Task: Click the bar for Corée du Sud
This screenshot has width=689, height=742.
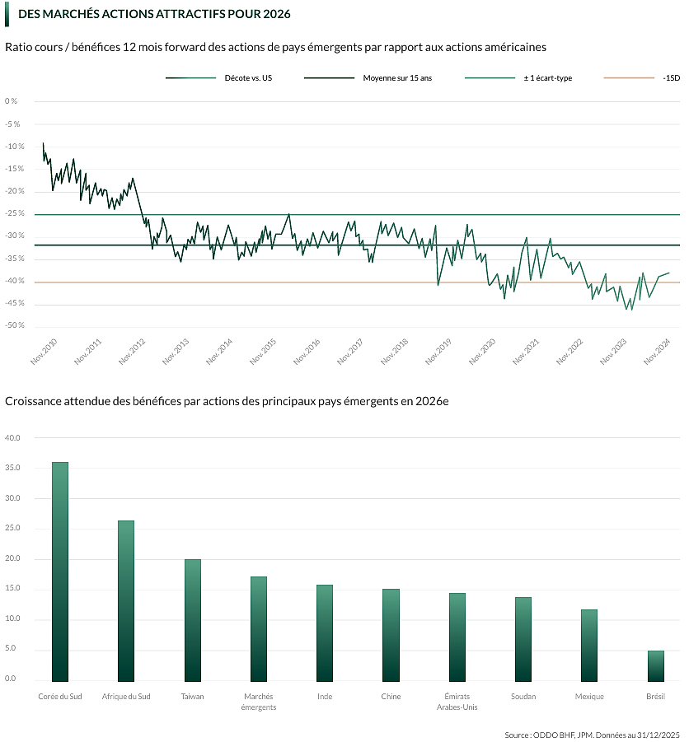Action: pos(60,572)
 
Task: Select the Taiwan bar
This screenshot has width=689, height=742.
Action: pos(192,620)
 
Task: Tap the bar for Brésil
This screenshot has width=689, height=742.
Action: pos(655,666)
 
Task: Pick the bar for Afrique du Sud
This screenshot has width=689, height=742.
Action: pos(126,601)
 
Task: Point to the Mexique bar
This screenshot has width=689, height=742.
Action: pos(589,646)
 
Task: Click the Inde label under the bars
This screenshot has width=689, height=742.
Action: pos(325,697)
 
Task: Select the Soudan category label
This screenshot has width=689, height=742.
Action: pos(523,697)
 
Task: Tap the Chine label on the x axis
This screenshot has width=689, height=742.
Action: pos(391,697)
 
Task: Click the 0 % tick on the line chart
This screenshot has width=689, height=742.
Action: pos(11,101)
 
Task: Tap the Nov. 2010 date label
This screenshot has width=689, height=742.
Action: pos(44,352)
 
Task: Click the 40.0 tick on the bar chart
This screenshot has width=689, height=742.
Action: pos(12,438)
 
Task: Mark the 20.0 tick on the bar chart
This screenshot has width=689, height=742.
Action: pos(12,558)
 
